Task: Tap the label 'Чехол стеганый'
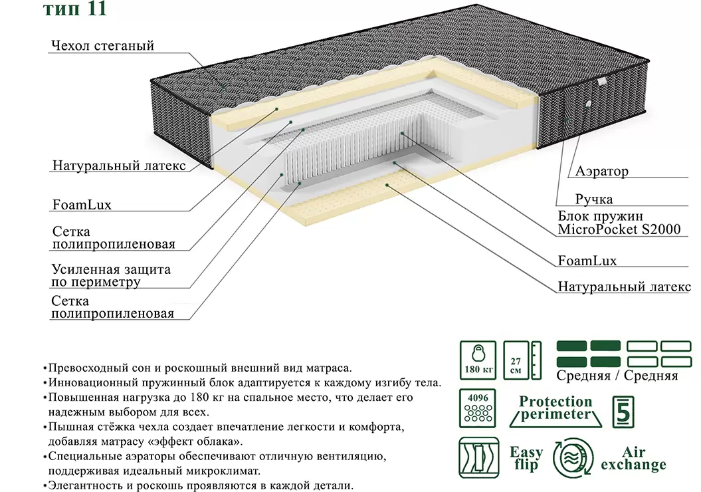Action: tap(102, 46)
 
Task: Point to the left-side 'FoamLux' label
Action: tap(81, 205)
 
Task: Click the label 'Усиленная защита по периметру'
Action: tap(111, 276)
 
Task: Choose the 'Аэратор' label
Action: tap(601, 172)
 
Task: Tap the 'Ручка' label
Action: tap(594, 199)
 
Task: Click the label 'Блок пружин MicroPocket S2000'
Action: tap(619, 223)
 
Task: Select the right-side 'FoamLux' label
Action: tap(587, 261)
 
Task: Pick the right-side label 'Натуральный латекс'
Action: tap(624, 287)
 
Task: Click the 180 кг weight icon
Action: tap(478, 360)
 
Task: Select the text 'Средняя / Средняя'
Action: tap(617, 376)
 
